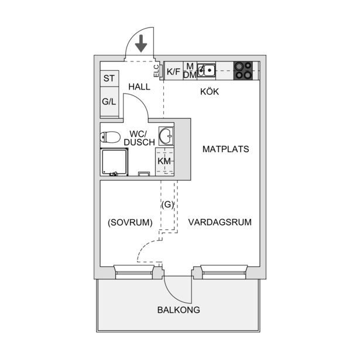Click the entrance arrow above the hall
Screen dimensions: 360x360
(141, 43)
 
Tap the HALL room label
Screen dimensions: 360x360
(139, 87)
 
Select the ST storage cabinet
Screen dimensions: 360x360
(109, 78)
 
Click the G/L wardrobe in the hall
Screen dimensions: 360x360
(109, 102)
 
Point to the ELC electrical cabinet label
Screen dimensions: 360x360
(156, 71)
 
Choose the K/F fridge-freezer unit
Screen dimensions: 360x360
(174, 71)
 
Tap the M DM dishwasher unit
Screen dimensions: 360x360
(190, 71)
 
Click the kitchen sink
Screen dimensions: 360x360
(207, 70)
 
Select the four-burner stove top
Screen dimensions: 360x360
(243, 71)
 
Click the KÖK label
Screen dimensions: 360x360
(210, 92)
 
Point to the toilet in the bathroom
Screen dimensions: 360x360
(110, 138)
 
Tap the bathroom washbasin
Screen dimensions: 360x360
(166, 136)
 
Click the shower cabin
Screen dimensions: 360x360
(114, 162)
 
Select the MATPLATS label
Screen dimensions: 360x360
(226, 149)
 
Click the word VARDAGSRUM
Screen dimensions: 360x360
(220, 222)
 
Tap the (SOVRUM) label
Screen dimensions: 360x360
(130, 222)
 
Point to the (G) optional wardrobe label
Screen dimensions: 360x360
(167, 204)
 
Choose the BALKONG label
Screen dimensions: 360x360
(179, 310)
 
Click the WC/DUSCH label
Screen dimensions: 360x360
(139, 138)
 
